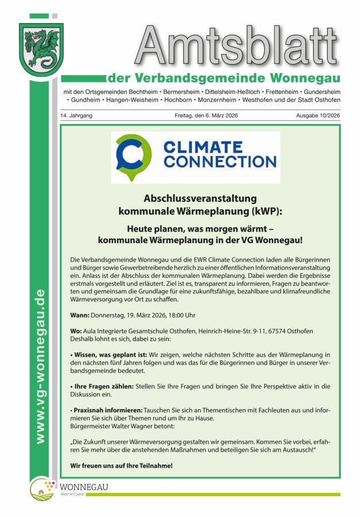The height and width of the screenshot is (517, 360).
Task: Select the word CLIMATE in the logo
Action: (202, 148)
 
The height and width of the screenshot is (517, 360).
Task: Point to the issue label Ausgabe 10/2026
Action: (318, 116)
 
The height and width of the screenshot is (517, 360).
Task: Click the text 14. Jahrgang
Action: (76, 116)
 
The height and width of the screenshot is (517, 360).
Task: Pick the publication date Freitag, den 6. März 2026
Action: (207, 116)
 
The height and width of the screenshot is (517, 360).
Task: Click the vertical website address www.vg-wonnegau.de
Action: (40, 367)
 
